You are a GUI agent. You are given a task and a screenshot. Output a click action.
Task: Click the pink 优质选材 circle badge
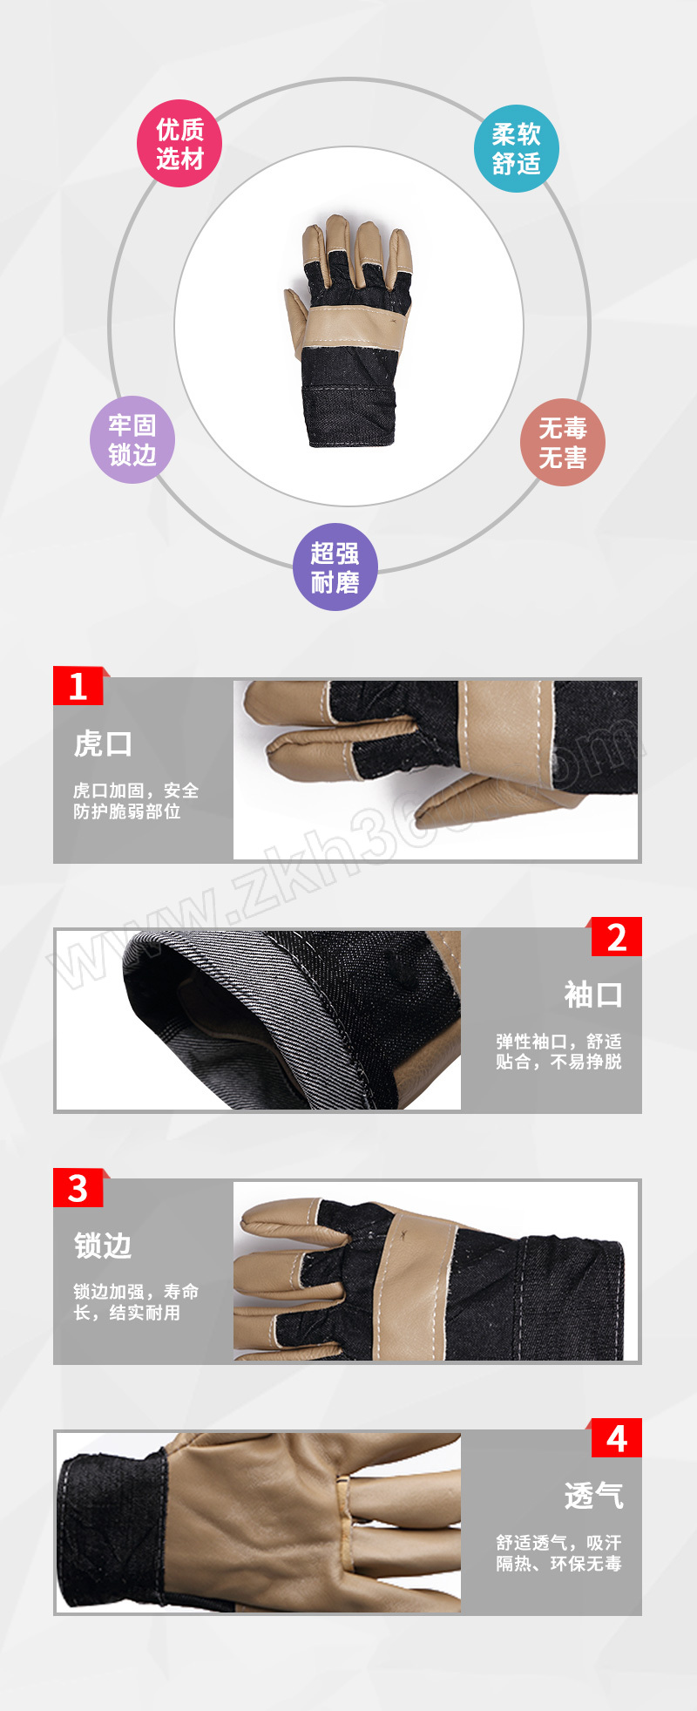[x=179, y=144]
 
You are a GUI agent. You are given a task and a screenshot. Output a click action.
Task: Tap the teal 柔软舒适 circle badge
[x=516, y=149]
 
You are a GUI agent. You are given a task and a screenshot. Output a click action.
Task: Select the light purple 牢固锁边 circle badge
[x=132, y=440]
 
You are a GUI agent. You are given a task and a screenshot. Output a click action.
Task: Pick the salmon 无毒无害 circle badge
[x=562, y=443]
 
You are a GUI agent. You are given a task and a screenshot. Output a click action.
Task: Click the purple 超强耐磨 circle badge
[x=335, y=567]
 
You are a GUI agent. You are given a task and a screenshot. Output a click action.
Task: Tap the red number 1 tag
[x=79, y=686]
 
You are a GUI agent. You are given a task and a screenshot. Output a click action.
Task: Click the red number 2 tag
[x=615, y=937]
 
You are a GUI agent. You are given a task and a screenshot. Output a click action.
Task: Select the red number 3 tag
[x=79, y=1188]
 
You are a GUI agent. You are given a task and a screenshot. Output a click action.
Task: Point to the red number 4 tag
[x=615, y=1438]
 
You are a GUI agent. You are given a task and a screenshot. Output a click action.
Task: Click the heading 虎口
[x=103, y=744]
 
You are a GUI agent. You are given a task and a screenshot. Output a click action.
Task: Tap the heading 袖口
[x=593, y=995]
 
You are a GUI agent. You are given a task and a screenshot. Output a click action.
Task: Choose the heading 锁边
[x=103, y=1246]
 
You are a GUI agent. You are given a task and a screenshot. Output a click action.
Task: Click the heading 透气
[x=593, y=1496]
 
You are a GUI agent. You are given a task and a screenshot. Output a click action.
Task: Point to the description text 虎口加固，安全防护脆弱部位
[x=136, y=801]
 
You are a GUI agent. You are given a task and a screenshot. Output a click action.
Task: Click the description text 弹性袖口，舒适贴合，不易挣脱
[x=558, y=1051]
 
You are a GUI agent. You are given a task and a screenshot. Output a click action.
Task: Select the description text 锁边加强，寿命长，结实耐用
[x=136, y=1302]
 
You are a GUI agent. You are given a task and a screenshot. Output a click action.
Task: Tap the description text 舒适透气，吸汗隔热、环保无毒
[x=558, y=1552]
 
